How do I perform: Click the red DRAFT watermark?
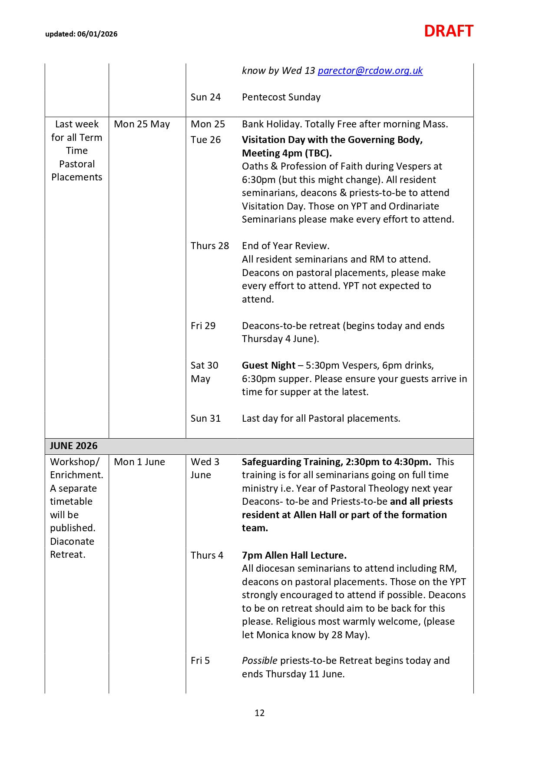click(448, 31)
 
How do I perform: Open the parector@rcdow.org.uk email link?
click(370, 70)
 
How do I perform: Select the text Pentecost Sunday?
click(281, 97)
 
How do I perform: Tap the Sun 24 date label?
click(205, 97)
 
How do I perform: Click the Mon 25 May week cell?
click(142, 124)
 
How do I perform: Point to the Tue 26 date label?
click(205, 140)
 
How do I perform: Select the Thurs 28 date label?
click(209, 246)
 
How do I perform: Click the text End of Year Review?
click(285, 246)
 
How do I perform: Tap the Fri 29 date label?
click(203, 326)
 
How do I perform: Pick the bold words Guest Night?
click(268, 365)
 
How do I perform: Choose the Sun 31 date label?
click(205, 418)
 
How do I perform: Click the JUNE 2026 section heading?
click(73, 446)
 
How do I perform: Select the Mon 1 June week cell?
click(139, 462)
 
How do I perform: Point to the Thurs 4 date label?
click(207, 555)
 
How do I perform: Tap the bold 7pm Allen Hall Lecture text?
click(294, 555)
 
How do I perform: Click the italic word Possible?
click(259, 660)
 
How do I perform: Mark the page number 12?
click(260, 713)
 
